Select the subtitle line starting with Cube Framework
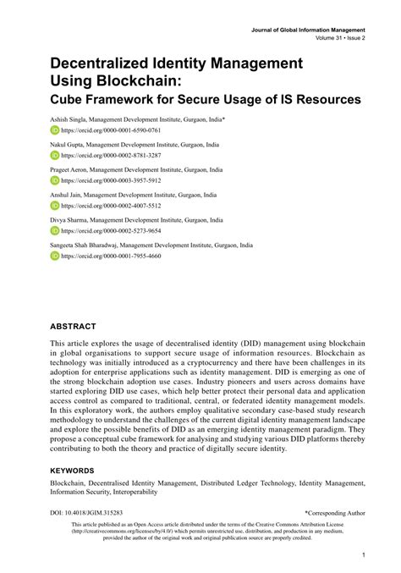(x=206, y=99)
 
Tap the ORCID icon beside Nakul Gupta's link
(x=55, y=156)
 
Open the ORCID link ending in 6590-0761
(x=110, y=131)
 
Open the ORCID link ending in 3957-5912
(x=110, y=180)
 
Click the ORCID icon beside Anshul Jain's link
(x=55, y=205)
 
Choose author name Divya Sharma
(x=69, y=219)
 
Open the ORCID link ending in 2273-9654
(x=110, y=230)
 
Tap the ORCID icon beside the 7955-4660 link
(x=55, y=255)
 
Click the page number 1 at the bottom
(x=362, y=555)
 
